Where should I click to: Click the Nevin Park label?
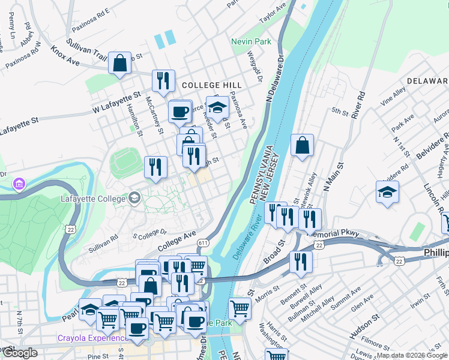tap(252, 41)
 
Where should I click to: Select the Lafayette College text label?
tap(93, 198)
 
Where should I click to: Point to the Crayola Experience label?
tap(89, 338)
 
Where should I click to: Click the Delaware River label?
tap(252, 240)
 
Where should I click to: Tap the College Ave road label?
tap(177, 242)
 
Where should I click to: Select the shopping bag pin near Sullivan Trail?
tap(120, 62)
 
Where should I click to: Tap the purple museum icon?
tap(19, 182)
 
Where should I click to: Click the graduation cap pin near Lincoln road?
tap(387, 193)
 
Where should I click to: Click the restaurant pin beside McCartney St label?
tap(156, 168)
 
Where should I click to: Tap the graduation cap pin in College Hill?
tap(218, 107)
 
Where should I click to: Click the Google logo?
tap(20, 353)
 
